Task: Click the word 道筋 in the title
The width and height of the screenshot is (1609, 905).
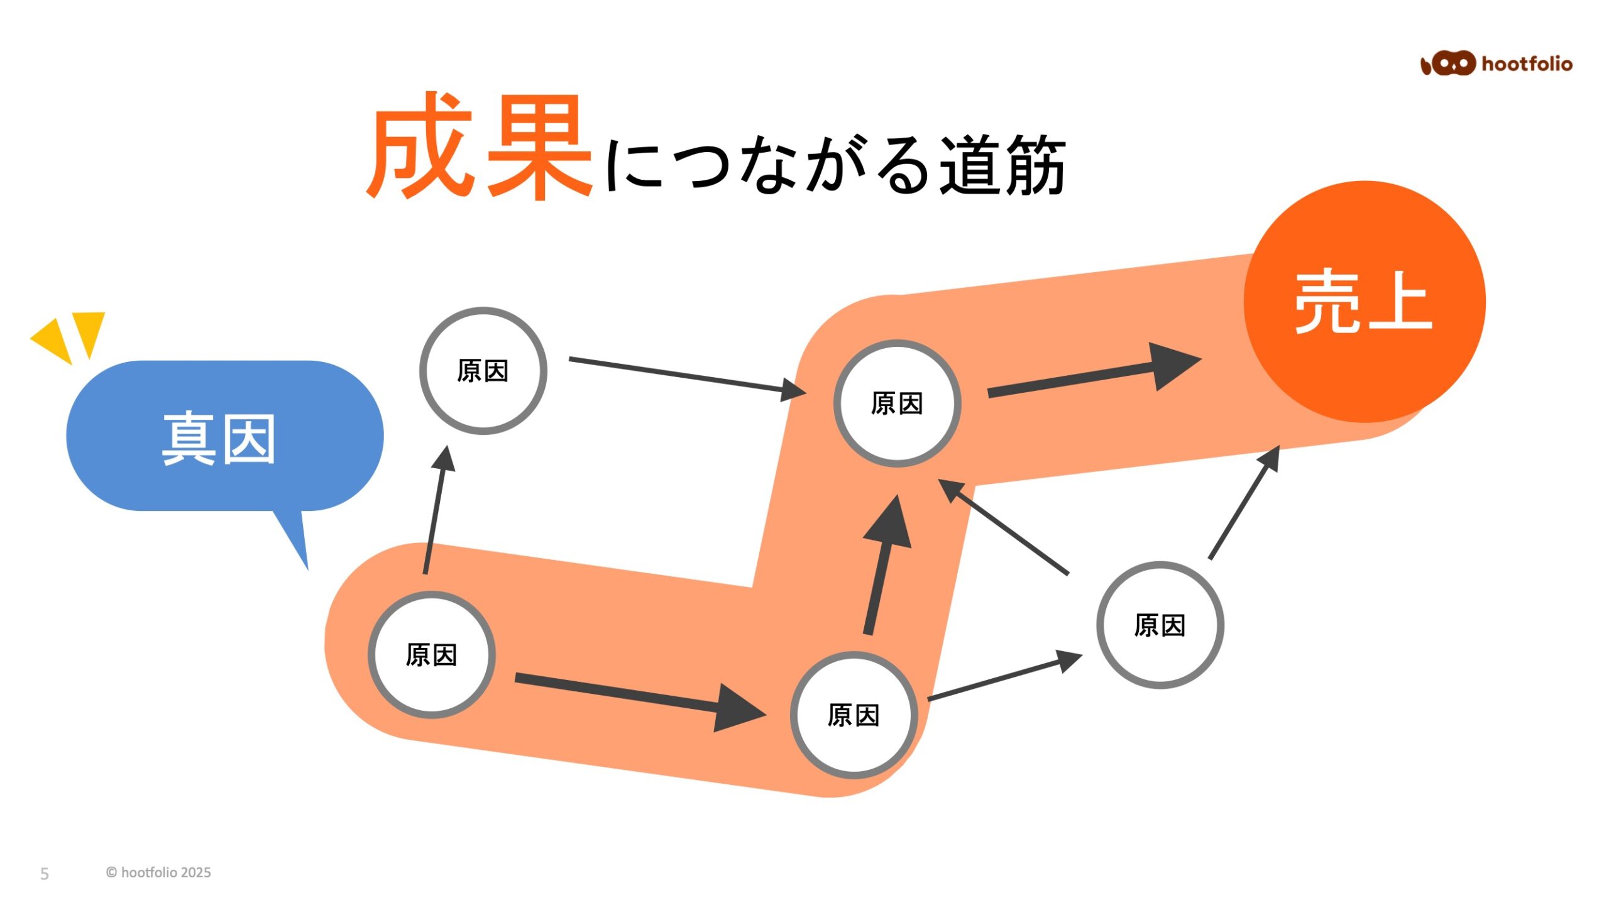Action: click(1002, 165)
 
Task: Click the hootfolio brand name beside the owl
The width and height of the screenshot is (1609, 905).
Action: click(1527, 64)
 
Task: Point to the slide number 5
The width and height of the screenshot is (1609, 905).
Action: click(45, 874)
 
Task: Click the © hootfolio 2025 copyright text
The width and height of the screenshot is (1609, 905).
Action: click(158, 872)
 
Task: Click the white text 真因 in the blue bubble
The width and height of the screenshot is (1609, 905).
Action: click(219, 439)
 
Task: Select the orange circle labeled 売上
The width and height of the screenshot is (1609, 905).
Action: click(1364, 302)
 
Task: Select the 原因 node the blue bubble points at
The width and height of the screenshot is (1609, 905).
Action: click(432, 655)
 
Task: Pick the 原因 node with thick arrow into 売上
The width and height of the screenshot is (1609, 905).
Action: click(897, 403)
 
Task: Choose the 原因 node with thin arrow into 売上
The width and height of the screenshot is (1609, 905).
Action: click(1160, 625)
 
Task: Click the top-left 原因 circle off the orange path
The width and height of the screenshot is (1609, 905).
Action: click(483, 371)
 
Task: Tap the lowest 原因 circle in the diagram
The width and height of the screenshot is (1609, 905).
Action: click(854, 715)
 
